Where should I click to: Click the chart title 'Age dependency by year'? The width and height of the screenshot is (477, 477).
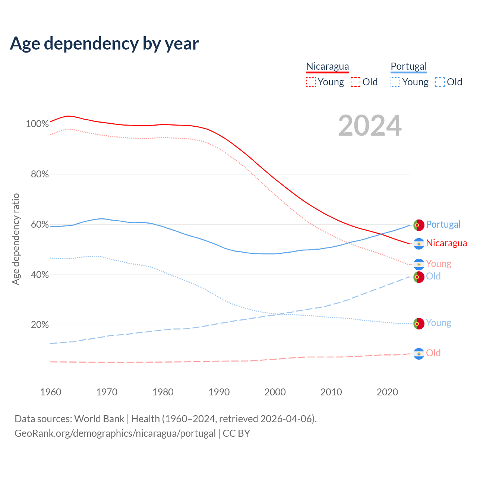click(104, 44)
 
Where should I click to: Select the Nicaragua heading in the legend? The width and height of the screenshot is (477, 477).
click(328, 66)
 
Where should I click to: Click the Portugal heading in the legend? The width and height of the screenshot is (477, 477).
click(408, 66)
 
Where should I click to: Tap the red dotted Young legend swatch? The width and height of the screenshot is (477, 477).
click(311, 82)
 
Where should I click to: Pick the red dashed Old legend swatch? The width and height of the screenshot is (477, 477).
click(356, 82)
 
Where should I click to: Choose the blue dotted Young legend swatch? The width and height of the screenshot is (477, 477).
click(395, 82)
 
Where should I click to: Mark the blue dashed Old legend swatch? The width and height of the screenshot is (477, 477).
click(440, 82)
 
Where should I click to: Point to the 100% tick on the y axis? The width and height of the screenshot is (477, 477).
click(37, 124)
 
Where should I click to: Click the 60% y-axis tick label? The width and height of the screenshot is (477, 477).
click(40, 224)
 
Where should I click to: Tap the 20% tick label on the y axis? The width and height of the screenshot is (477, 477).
click(40, 325)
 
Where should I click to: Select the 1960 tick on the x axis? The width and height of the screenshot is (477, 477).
click(51, 392)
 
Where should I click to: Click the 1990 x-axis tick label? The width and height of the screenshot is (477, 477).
click(219, 392)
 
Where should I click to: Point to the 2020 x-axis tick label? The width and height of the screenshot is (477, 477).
click(387, 392)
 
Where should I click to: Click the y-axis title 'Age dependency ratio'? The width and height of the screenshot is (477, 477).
click(16, 239)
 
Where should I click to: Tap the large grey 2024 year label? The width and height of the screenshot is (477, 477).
click(370, 126)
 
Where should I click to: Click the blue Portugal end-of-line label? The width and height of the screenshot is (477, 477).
click(443, 224)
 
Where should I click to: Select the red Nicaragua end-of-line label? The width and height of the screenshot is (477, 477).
click(446, 243)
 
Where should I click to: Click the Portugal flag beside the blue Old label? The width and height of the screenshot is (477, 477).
click(419, 277)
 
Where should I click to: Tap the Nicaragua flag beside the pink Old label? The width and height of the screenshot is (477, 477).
click(419, 354)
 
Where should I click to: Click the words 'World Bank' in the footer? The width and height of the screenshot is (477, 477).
click(99, 419)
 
